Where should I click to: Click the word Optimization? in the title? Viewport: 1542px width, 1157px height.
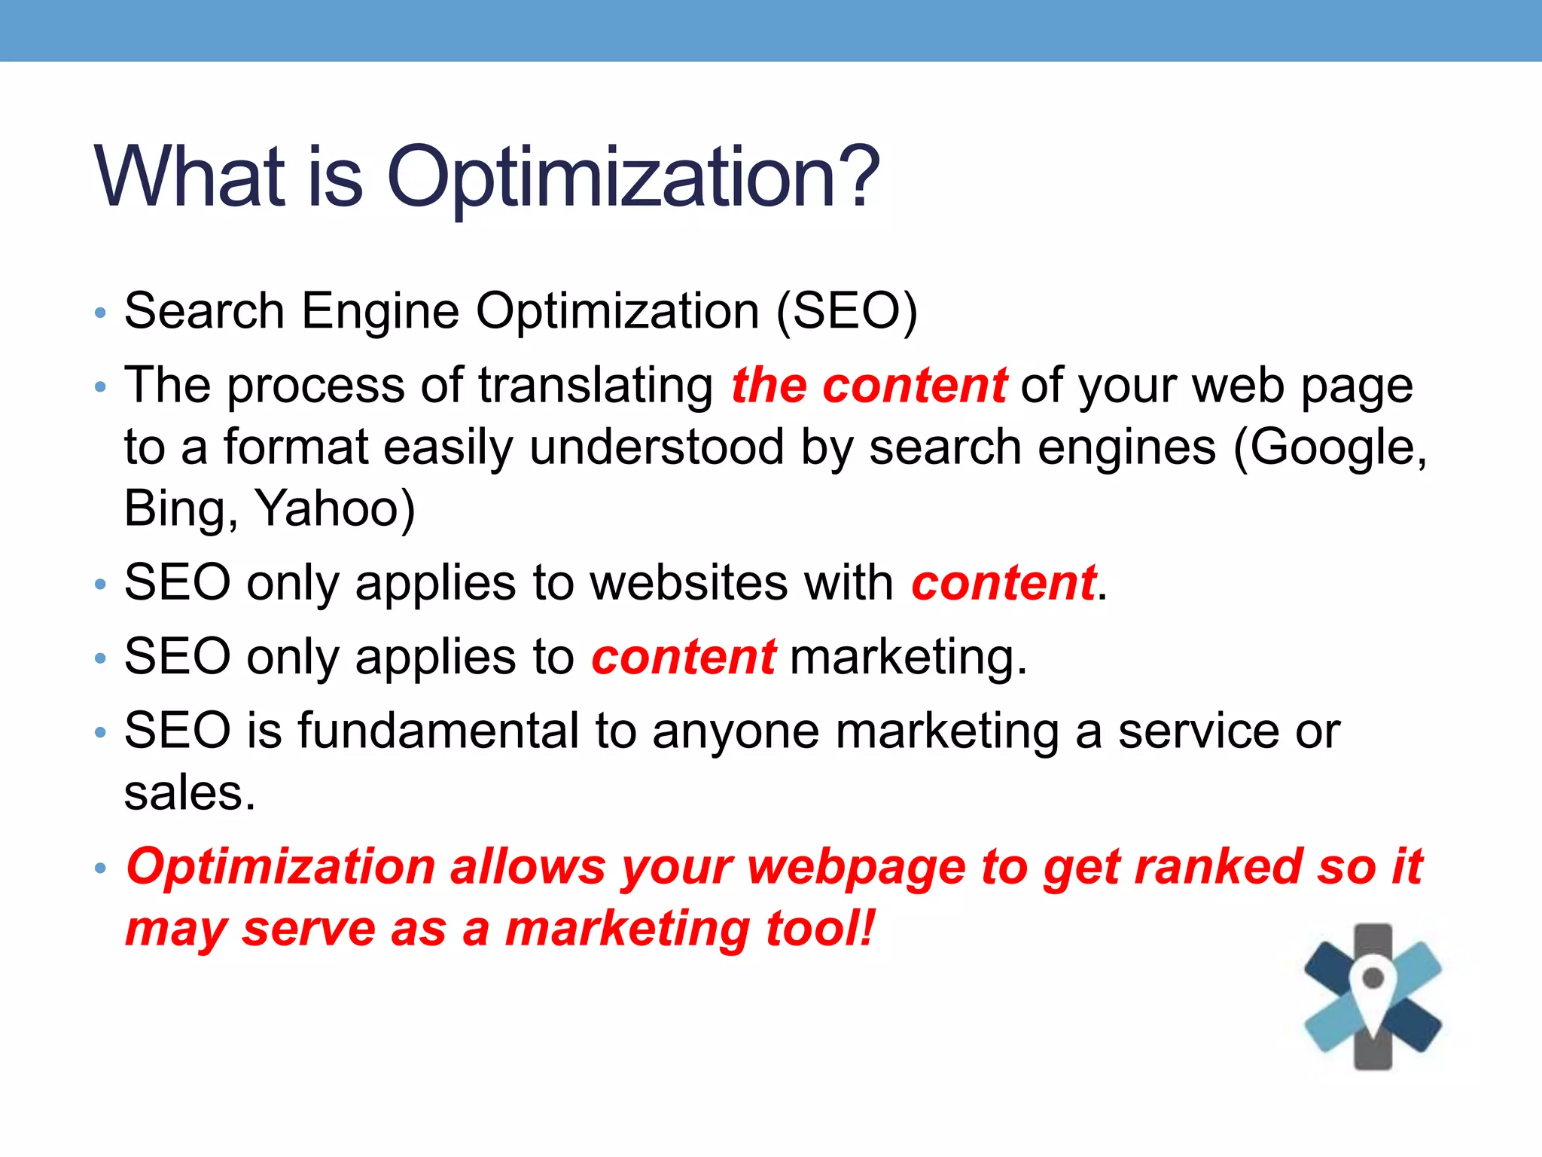[632, 178]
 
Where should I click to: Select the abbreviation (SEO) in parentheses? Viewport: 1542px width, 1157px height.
[846, 311]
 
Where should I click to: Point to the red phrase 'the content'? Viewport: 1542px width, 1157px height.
[869, 386]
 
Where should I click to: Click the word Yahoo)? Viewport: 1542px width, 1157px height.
[336, 508]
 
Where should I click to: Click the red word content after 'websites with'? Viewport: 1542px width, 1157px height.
[1003, 583]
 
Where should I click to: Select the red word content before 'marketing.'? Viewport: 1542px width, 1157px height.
[684, 657]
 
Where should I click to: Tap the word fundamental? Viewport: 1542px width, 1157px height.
[438, 731]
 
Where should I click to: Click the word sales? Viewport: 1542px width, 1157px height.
[190, 792]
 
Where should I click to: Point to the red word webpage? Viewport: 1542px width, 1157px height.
[856, 868]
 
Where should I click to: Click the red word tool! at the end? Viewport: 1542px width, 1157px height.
[820, 928]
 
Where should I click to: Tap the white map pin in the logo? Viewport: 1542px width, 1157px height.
[1373, 987]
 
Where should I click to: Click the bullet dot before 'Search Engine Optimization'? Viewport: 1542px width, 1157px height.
[101, 313]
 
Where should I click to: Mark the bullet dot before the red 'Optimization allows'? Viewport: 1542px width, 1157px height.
[101, 868]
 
